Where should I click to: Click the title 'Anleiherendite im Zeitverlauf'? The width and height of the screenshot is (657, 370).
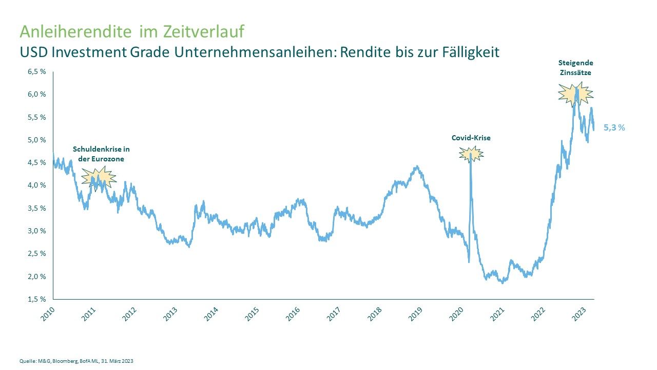tap(132, 31)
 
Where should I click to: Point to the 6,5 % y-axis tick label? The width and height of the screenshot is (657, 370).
tap(36, 71)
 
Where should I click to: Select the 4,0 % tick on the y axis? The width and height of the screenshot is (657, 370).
tap(36, 185)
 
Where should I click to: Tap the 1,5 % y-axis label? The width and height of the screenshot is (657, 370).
tap(36, 299)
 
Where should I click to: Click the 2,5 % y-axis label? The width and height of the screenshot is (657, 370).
tap(36, 253)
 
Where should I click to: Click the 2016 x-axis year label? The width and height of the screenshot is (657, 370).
tap(293, 313)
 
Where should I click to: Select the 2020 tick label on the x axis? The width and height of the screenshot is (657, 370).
tap(457, 313)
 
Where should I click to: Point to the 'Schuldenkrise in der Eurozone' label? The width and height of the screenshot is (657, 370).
tap(101, 154)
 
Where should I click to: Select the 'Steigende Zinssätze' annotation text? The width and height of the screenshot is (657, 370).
tap(575, 67)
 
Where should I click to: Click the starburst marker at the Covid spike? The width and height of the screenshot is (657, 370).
tap(471, 154)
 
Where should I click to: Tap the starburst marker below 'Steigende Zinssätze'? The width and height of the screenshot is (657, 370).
tap(575, 94)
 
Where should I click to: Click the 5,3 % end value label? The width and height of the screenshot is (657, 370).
tap(614, 127)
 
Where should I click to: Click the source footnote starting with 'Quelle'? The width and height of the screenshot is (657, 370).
tap(76, 360)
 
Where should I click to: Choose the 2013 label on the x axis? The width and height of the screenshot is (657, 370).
tap(171, 313)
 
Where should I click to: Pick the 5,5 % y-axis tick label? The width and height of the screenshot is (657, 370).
tap(36, 117)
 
